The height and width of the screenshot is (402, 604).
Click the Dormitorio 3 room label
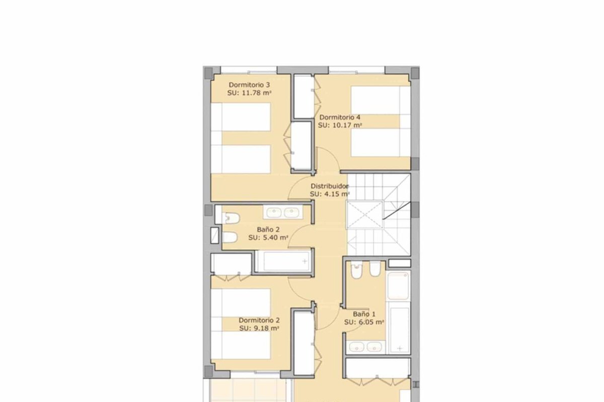pyautogui.click(x=249, y=85)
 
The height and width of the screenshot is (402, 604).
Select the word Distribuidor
pyautogui.click(x=330, y=186)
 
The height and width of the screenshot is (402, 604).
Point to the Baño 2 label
pyautogui.click(x=268, y=230)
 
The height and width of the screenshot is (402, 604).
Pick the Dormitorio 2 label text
pyautogui.click(x=259, y=321)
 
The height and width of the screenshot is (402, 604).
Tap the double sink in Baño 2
pyautogui.click(x=283, y=213)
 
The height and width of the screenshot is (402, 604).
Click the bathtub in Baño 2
pyautogui.click(x=283, y=261)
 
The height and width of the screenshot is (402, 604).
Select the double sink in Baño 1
pyautogui.click(x=365, y=347)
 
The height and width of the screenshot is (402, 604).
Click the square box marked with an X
pyautogui.click(x=364, y=215)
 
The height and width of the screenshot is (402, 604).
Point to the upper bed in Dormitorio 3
pyautogui.click(x=241, y=117)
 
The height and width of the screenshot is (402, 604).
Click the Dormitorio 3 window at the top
pyautogui.click(x=249, y=70)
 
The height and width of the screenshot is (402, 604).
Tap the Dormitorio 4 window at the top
pyautogui.click(x=356, y=70)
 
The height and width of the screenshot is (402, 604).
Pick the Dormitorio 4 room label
pyautogui.click(x=340, y=118)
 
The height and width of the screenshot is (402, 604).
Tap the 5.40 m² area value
pyautogui.click(x=275, y=238)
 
